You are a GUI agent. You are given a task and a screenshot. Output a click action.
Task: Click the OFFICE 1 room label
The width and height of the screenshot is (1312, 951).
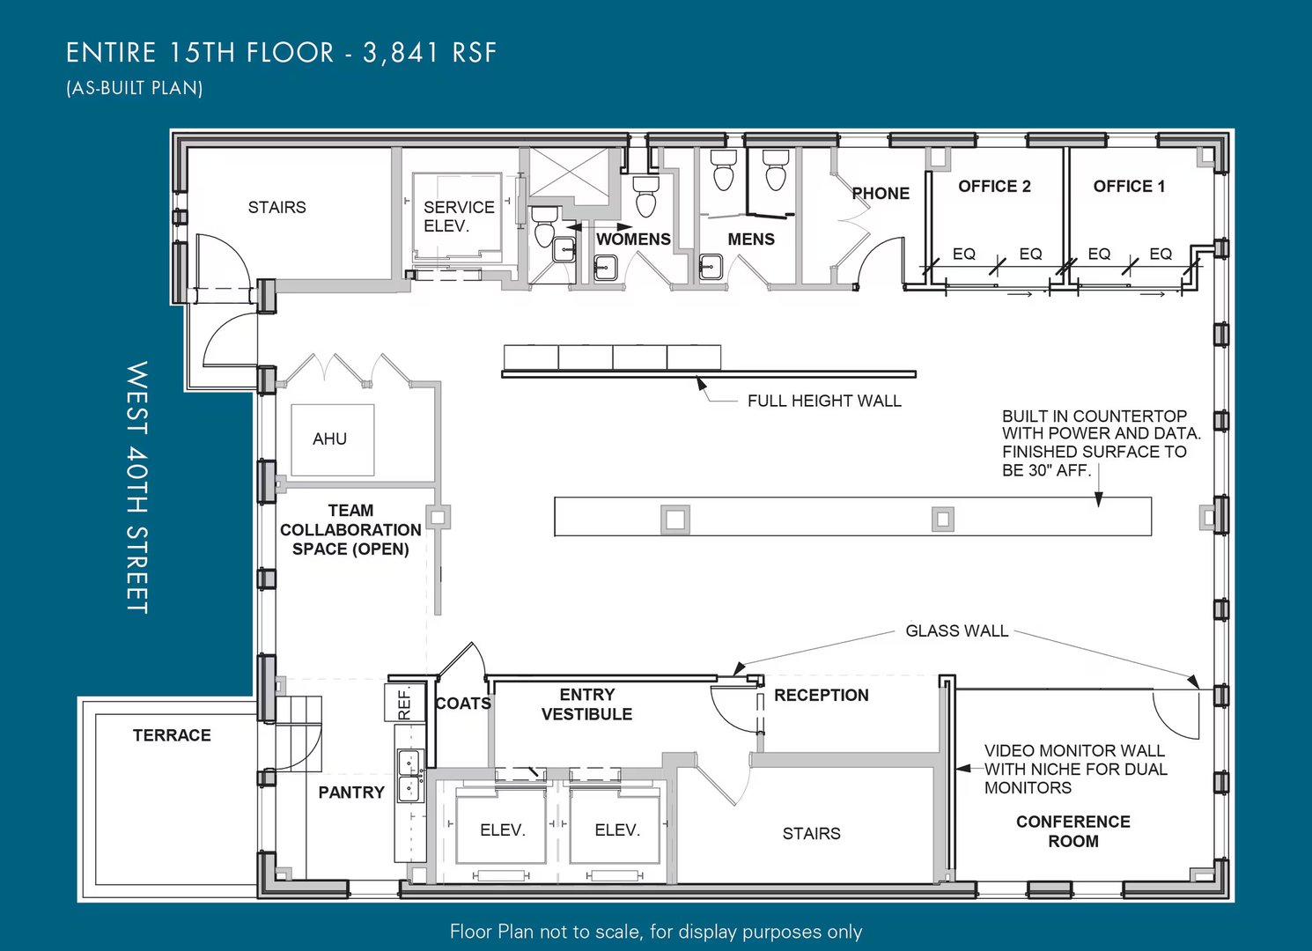pyautogui.click(x=1129, y=186)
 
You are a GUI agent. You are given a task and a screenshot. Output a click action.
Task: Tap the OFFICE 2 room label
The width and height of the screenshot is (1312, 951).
pyautogui.click(x=994, y=186)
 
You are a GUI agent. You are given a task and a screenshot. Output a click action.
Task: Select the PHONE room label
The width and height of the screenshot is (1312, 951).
pyautogui.click(x=881, y=193)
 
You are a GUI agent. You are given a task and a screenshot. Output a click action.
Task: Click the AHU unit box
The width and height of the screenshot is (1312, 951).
pyautogui.click(x=333, y=439)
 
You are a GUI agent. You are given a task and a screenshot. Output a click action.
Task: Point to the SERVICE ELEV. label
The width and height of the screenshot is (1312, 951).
pyautogui.click(x=460, y=216)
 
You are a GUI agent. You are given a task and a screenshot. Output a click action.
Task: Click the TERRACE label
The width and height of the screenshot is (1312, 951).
pyautogui.click(x=172, y=735)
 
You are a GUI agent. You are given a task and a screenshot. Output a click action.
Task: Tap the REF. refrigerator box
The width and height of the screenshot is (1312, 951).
pyautogui.click(x=398, y=702)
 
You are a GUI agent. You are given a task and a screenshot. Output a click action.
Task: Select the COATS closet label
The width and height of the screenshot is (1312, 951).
pyautogui.click(x=463, y=704)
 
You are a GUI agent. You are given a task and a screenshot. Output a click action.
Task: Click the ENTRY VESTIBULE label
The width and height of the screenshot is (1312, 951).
pyautogui.click(x=587, y=704)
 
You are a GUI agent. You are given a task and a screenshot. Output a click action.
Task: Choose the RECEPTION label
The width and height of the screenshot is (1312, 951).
pyautogui.click(x=822, y=695)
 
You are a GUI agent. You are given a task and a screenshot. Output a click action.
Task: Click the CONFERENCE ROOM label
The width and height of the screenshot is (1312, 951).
pyautogui.click(x=1073, y=831)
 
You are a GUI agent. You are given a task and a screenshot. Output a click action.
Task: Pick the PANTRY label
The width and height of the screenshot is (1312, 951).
pyautogui.click(x=351, y=792)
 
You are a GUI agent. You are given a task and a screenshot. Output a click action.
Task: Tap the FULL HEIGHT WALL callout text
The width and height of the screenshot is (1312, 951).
pyautogui.click(x=824, y=402)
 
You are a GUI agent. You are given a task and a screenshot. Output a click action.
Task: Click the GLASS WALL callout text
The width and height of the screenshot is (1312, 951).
pyautogui.click(x=957, y=630)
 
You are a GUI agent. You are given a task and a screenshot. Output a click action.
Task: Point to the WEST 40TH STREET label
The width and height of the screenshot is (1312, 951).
pyautogui.click(x=137, y=487)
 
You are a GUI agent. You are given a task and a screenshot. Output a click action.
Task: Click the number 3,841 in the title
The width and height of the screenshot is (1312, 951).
pyautogui.click(x=402, y=53)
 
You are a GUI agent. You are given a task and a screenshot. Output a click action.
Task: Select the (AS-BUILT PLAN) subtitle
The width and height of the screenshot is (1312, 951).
pyautogui.click(x=135, y=88)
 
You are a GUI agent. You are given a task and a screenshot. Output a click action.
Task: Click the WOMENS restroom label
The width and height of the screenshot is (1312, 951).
pyautogui.click(x=633, y=239)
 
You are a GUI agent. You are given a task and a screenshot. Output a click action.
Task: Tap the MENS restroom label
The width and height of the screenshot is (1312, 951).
pyautogui.click(x=751, y=239)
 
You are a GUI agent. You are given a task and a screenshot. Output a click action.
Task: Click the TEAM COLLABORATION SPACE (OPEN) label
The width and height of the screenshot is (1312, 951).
pyautogui.click(x=350, y=529)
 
